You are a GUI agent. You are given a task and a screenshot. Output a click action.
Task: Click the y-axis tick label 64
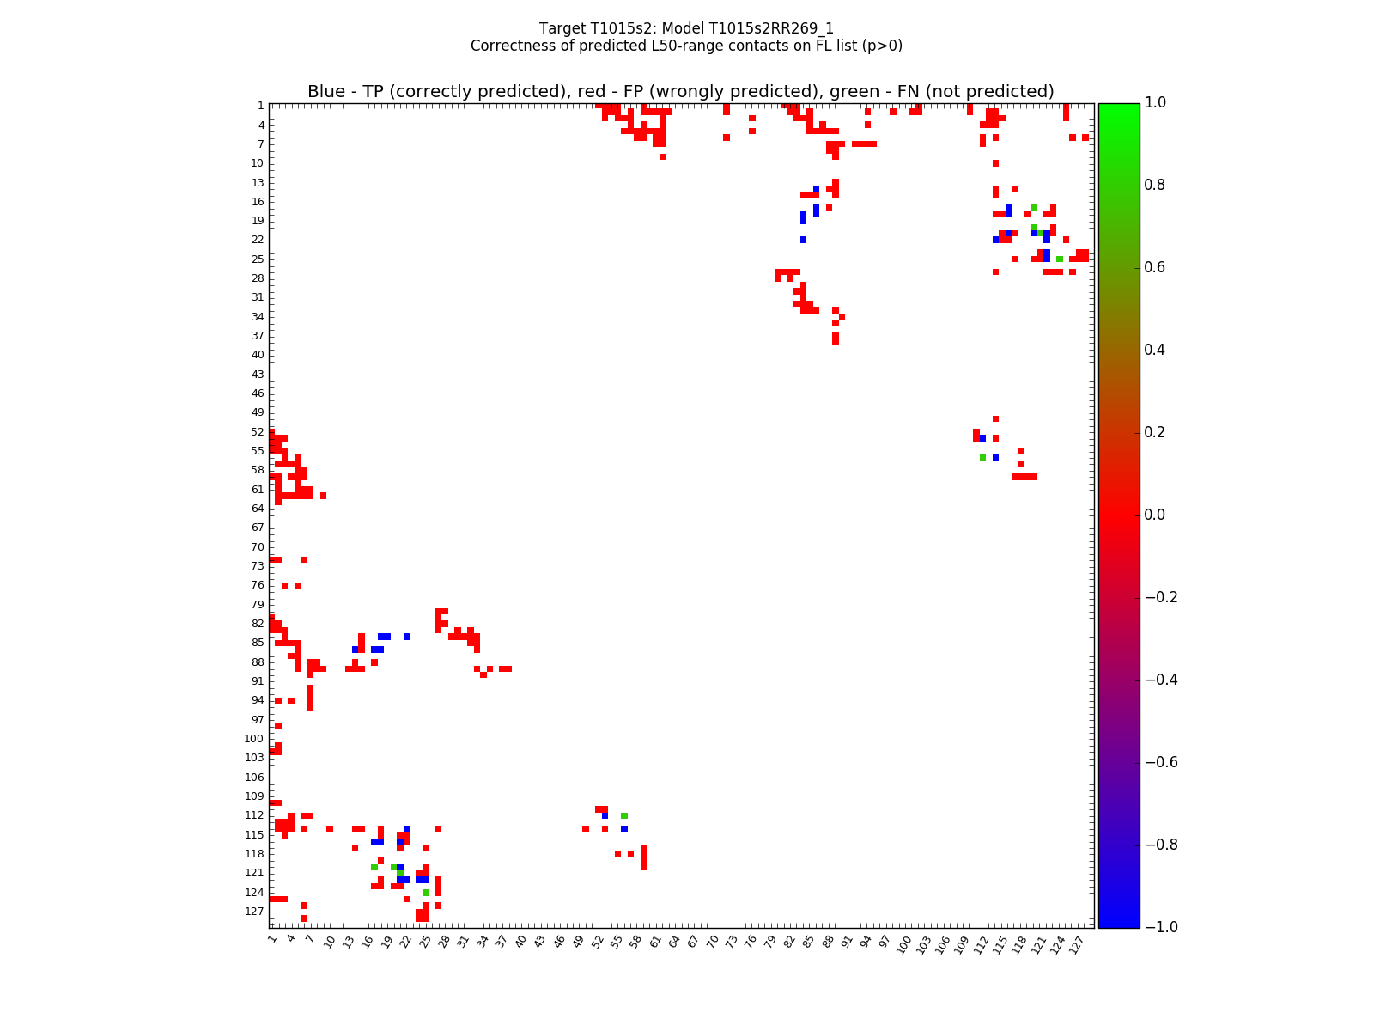[258, 509]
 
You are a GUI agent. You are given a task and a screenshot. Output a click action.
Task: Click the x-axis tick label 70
[713, 942]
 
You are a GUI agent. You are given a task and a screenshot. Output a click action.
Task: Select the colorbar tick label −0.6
[1160, 762]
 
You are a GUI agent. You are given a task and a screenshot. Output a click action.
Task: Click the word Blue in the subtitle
[326, 92]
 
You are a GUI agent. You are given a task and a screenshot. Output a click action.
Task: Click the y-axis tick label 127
[255, 912]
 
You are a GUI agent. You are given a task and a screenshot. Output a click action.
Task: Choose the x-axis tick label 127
[1079, 943]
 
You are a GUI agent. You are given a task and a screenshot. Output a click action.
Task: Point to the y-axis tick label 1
[260, 106]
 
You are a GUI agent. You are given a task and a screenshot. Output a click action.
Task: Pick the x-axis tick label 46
[559, 942]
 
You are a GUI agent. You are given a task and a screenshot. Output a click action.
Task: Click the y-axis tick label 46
[258, 393]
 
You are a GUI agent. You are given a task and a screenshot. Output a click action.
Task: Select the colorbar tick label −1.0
[1160, 927]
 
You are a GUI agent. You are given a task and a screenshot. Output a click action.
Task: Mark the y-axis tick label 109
[255, 796]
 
